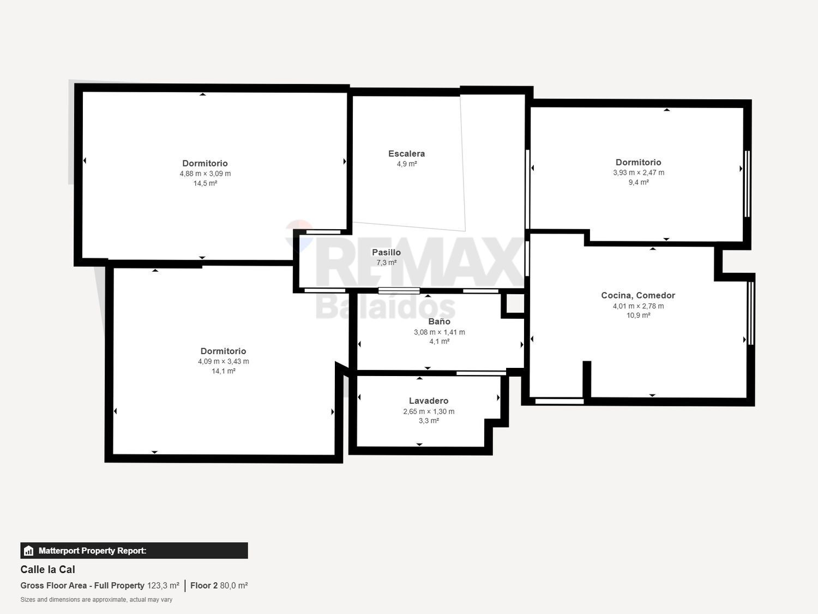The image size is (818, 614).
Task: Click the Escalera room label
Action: click(x=406, y=154)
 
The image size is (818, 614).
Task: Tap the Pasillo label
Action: click(x=386, y=252)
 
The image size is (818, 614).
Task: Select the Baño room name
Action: click(x=439, y=321)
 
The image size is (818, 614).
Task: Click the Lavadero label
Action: click(x=429, y=401)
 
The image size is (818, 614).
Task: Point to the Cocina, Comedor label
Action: click(x=638, y=295)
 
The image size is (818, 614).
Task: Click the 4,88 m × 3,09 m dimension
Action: click(x=205, y=174)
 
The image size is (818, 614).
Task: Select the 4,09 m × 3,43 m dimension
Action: click(x=224, y=361)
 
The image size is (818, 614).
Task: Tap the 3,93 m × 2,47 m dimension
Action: click(x=639, y=172)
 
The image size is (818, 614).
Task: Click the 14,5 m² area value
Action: click(x=205, y=183)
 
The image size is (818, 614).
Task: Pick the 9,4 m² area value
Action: click(x=639, y=182)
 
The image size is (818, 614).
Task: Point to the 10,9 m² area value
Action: click(x=638, y=315)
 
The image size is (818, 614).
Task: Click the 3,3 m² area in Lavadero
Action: click(x=429, y=421)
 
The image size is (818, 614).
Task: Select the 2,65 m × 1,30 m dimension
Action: click(x=429, y=412)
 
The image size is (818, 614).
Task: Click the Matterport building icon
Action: click(x=29, y=551)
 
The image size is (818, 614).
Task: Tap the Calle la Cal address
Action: click(x=48, y=569)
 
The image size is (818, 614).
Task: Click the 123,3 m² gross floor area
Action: click(x=163, y=586)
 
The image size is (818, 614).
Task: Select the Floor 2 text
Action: click(x=204, y=586)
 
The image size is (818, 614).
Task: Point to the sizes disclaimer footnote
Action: click(x=97, y=600)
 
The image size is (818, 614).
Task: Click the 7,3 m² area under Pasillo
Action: click(x=386, y=263)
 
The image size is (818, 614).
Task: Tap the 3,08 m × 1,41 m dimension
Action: click(x=439, y=332)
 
